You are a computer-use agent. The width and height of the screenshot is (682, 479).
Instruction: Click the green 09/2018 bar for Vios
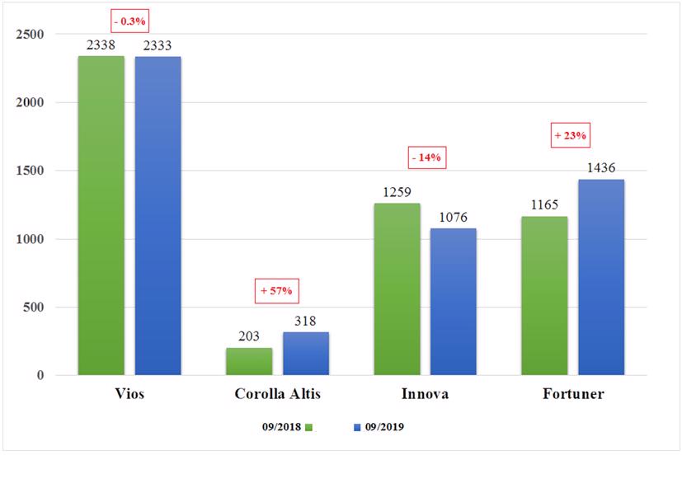pyautogui.click(x=101, y=216)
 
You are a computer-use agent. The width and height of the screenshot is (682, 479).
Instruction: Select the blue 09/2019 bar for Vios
pyautogui.click(x=158, y=216)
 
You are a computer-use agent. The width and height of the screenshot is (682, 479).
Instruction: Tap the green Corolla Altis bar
pyautogui.click(x=248, y=362)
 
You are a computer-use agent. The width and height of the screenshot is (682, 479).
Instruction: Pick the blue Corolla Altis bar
pyautogui.click(x=305, y=354)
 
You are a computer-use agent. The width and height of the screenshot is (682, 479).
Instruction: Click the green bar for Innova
pyautogui.click(x=397, y=289)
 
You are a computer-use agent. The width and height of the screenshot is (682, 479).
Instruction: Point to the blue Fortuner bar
pyautogui.click(x=600, y=277)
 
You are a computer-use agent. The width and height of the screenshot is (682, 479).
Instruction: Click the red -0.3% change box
pyautogui.click(x=130, y=19)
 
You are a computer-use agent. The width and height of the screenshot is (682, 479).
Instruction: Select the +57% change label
pyautogui.click(x=276, y=290)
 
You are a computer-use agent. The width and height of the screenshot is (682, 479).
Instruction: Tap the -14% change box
pyautogui.click(x=426, y=157)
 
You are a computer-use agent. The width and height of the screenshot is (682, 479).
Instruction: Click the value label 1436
pyautogui.click(x=600, y=168)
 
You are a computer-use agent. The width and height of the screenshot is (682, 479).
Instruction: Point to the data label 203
pyautogui.click(x=248, y=336)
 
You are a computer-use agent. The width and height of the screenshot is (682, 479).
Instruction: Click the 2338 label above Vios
pyautogui.click(x=101, y=45)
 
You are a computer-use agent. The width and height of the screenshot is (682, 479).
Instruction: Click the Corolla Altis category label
pyautogui.click(x=276, y=394)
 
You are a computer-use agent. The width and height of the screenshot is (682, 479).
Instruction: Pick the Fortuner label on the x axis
pyautogui.click(x=573, y=394)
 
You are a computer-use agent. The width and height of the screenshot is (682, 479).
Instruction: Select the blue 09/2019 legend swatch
pyautogui.click(x=357, y=427)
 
